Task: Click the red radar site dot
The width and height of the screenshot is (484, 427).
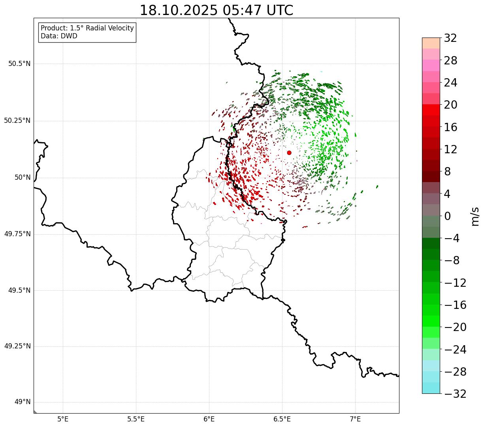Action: [289, 152]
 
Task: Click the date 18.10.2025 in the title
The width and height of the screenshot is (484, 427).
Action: [178, 10]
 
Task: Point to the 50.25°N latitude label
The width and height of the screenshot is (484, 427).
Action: [17, 120]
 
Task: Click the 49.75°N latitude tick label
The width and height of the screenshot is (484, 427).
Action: [17, 234]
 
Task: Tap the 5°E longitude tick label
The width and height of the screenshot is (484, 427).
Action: [63, 419]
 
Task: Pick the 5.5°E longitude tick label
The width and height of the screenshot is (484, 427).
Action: [136, 419]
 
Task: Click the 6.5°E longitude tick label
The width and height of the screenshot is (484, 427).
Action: [282, 419]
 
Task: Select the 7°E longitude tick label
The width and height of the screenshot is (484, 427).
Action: [355, 419]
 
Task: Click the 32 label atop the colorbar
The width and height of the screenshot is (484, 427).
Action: [450, 38]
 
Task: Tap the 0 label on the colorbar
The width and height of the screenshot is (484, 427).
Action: [447, 216]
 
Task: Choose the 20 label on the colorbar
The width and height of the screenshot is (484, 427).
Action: [450, 105]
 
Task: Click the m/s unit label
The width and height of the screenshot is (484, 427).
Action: [475, 216]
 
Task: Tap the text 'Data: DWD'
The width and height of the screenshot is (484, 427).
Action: [59, 36]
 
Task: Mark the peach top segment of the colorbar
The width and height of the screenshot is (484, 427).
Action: [431, 43]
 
